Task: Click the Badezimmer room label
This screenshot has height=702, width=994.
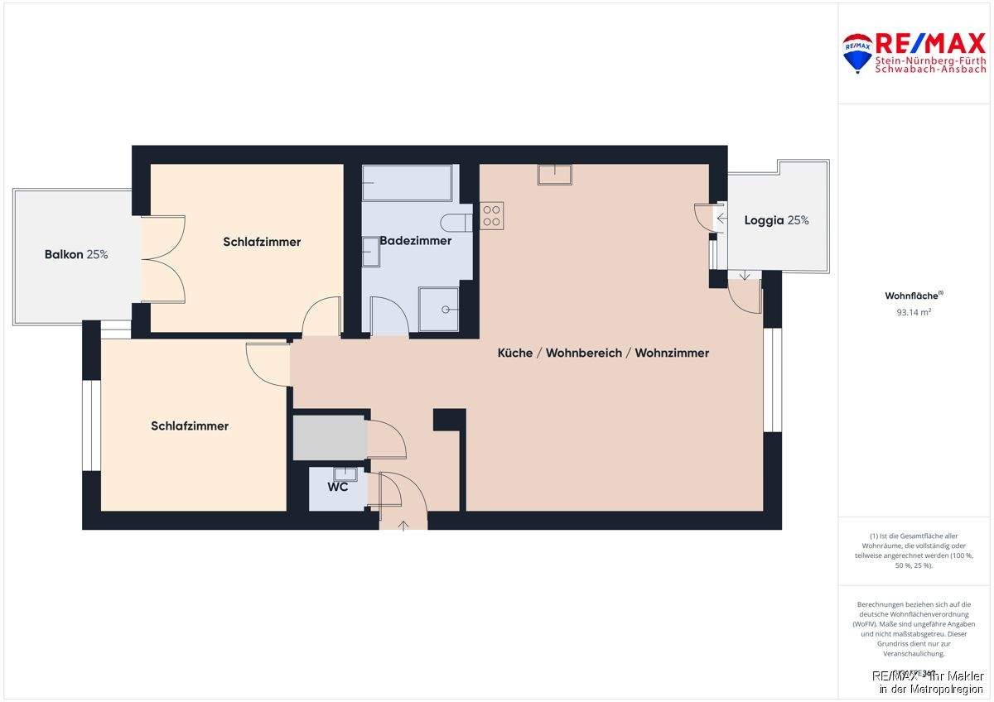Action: [415, 241]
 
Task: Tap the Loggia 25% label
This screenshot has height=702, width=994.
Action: [776, 220]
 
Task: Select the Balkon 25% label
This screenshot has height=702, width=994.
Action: [76, 254]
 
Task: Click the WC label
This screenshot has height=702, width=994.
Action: [337, 487]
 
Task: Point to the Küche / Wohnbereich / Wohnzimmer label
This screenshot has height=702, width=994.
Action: [603, 353]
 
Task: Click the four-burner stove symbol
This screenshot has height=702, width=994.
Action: [491, 215]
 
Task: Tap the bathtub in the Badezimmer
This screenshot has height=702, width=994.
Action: [407, 183]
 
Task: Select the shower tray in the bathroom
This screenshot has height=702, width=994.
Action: [439, 309]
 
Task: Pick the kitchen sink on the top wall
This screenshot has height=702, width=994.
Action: [554, 174]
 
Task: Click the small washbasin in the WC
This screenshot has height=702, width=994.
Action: [345, 474]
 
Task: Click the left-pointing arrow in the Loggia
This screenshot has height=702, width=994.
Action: [721, 219]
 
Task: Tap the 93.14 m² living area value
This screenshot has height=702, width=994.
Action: [914, 313]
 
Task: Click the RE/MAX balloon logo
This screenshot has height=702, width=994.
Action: [856, 52]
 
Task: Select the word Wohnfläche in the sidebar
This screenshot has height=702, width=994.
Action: [912, 296]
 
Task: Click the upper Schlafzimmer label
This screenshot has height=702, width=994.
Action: [262, 242]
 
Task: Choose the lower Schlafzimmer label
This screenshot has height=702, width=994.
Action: [190, 426]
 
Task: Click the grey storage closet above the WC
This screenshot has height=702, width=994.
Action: [330, 438]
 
